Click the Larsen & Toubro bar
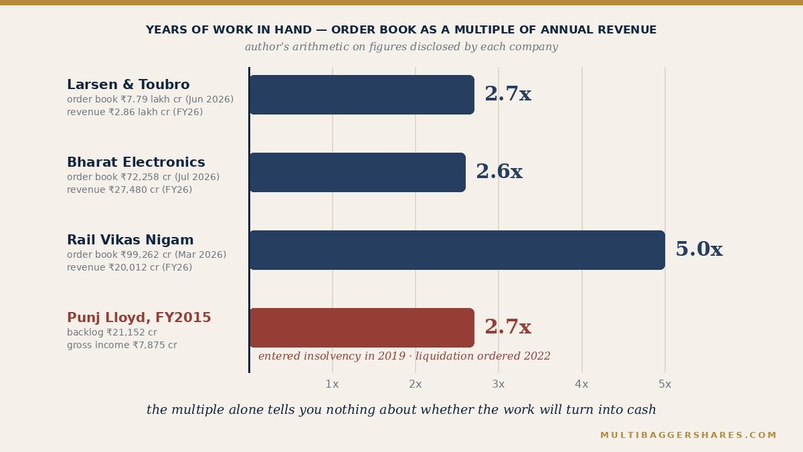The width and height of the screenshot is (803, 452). pyautogui.click(x=362, y=94)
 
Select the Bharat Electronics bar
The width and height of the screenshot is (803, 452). pyautogui.click(x=357, y=172)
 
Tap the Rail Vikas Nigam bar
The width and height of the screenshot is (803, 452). pyautogui.click(x=457, y=250)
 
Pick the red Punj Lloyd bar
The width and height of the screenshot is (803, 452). pyautogui.click(x=362, y=327)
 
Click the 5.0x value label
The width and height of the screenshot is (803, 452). pyautogui.click(x=699, y=249)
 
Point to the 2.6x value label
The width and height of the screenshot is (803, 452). pyautogui.click(x=499, y=171)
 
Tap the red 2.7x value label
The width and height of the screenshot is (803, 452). pyautogui.click(x=508, y=327)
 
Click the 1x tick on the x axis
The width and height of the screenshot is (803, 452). pyautogui.click(x=332, y=384)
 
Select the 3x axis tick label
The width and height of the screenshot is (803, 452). pyautogui.click(x=499, y=384)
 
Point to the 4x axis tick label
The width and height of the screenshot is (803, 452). pyautogui.click(x=582, y=384)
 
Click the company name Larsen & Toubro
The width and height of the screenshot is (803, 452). pyautogui.click(x=128, y=84)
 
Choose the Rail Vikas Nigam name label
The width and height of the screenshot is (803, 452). pyautogui.click(x=130, y=240)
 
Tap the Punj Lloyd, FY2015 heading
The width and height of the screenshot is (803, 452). pyautogui.click(x=139, y=317)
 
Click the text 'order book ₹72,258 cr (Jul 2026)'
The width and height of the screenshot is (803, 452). pyautogui.click(x=143, y=177)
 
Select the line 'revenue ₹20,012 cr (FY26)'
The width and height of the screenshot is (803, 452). pyautogui.click(x=129, y=267)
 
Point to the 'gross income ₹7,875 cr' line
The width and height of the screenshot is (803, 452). pyautogui.click(x=122, y=345)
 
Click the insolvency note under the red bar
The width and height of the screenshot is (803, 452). pyautogui.click(x=404, y=356)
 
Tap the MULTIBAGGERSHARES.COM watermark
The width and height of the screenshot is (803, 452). pyautogui.click(x=689, y=435)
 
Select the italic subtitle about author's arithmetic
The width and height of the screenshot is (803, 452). pyautogui.click(x=401, y=47)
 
